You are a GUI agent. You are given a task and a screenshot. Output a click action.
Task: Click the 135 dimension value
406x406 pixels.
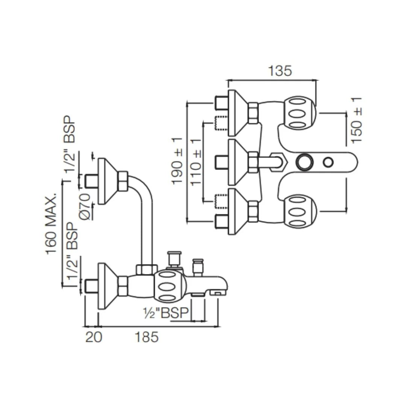280,71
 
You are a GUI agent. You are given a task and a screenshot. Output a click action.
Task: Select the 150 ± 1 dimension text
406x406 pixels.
356,120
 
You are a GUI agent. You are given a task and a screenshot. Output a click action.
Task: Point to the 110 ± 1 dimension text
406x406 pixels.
196,162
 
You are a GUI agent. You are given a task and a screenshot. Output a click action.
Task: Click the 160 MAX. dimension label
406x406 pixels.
52,224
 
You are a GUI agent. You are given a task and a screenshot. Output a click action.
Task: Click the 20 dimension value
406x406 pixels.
94,337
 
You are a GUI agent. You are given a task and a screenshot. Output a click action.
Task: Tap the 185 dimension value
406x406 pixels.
147,337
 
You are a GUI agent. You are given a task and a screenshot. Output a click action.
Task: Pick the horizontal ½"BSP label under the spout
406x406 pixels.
165,312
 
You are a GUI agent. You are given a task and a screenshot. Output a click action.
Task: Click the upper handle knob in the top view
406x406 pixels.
300,113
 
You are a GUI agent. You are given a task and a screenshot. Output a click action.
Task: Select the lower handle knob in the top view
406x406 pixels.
300,212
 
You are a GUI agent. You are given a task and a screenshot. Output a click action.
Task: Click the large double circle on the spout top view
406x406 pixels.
304,162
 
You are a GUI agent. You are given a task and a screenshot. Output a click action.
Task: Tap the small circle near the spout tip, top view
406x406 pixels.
328,162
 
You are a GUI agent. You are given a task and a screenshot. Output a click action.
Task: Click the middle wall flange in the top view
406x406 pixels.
236,162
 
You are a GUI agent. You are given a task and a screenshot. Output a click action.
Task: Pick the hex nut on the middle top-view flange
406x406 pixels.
253,162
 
